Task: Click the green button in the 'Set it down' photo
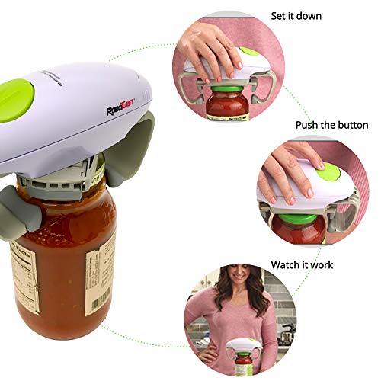(249, 53)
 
